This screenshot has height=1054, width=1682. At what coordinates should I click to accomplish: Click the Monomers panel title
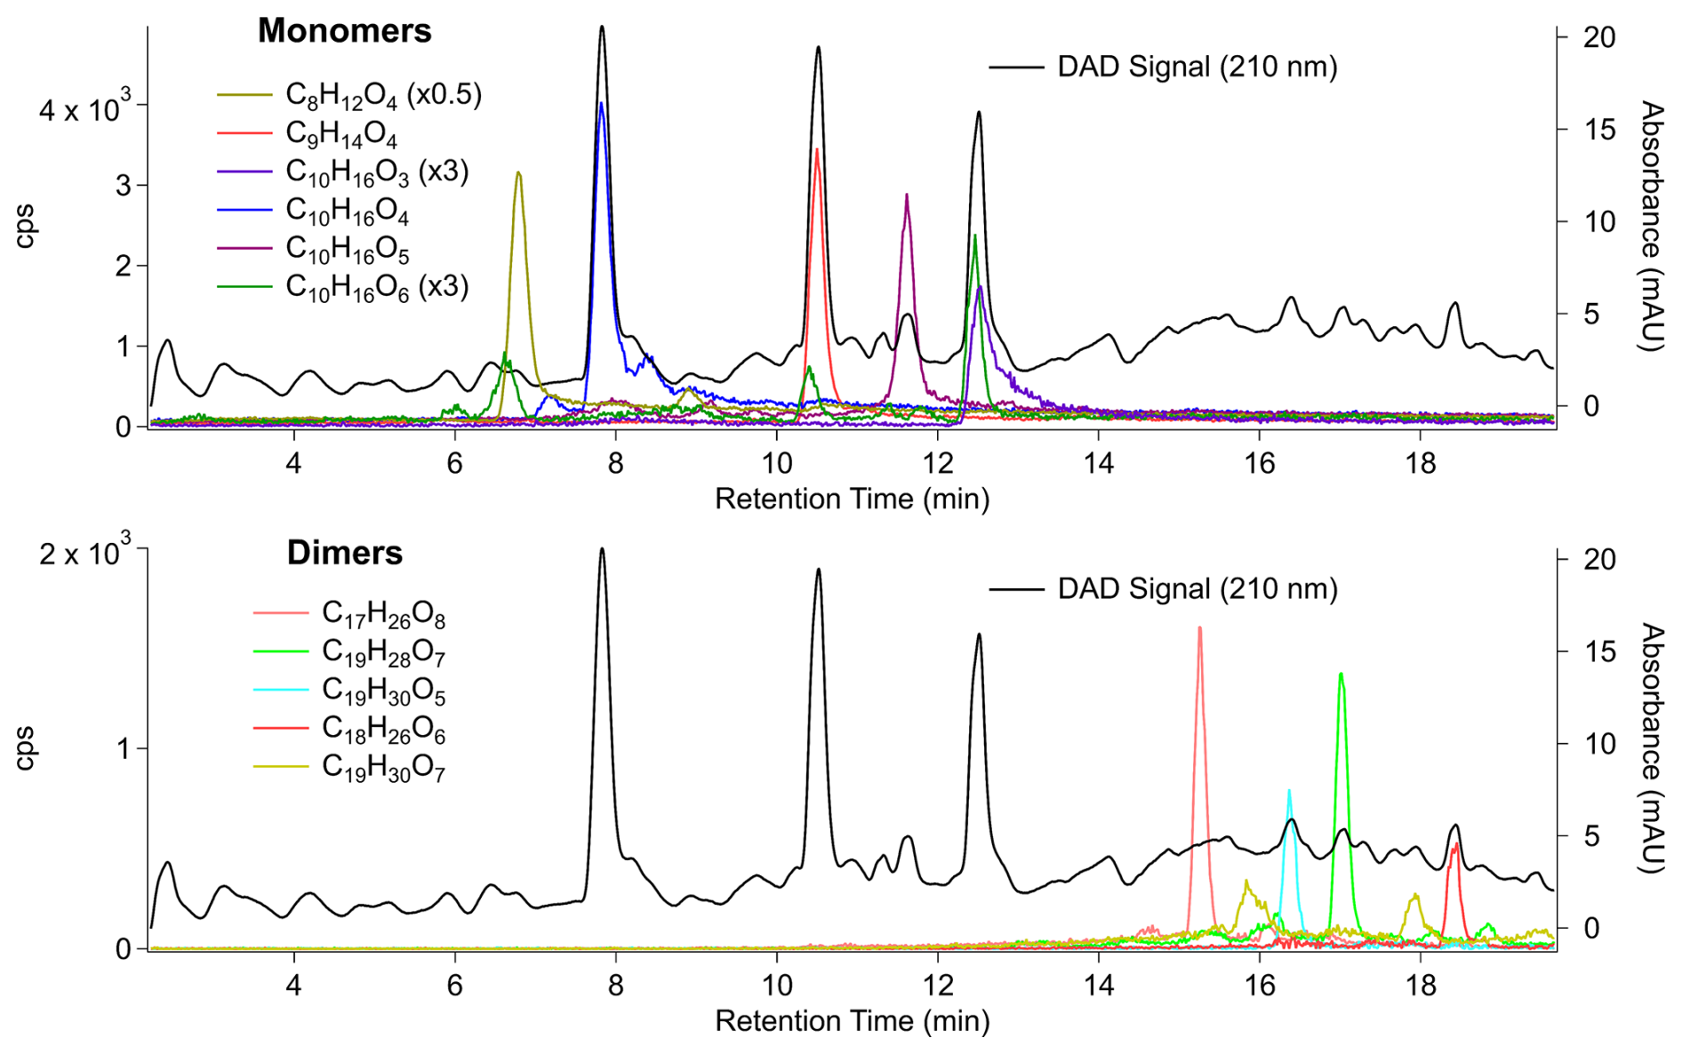click(344, 31)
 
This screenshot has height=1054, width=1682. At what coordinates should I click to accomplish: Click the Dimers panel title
click(344, 553)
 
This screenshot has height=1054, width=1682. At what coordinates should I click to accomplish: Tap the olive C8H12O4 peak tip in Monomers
click(518, 173)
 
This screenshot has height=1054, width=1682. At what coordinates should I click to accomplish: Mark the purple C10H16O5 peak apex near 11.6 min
click(906, 195)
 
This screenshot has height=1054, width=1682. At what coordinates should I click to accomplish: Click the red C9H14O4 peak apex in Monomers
click(817, 150)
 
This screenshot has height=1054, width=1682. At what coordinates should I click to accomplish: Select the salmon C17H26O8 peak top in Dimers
click(1199, 628)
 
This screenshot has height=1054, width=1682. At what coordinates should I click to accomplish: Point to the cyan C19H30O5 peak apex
click(1289, 790)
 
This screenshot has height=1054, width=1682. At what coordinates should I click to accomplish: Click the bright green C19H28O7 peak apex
click(1341, 675)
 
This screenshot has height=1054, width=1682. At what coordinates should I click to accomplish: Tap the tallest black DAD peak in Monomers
click(602, 27)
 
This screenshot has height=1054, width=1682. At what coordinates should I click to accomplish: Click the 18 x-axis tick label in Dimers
click(1421, 986)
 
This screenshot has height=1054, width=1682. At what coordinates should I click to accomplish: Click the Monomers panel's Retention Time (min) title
click(852, 499)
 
